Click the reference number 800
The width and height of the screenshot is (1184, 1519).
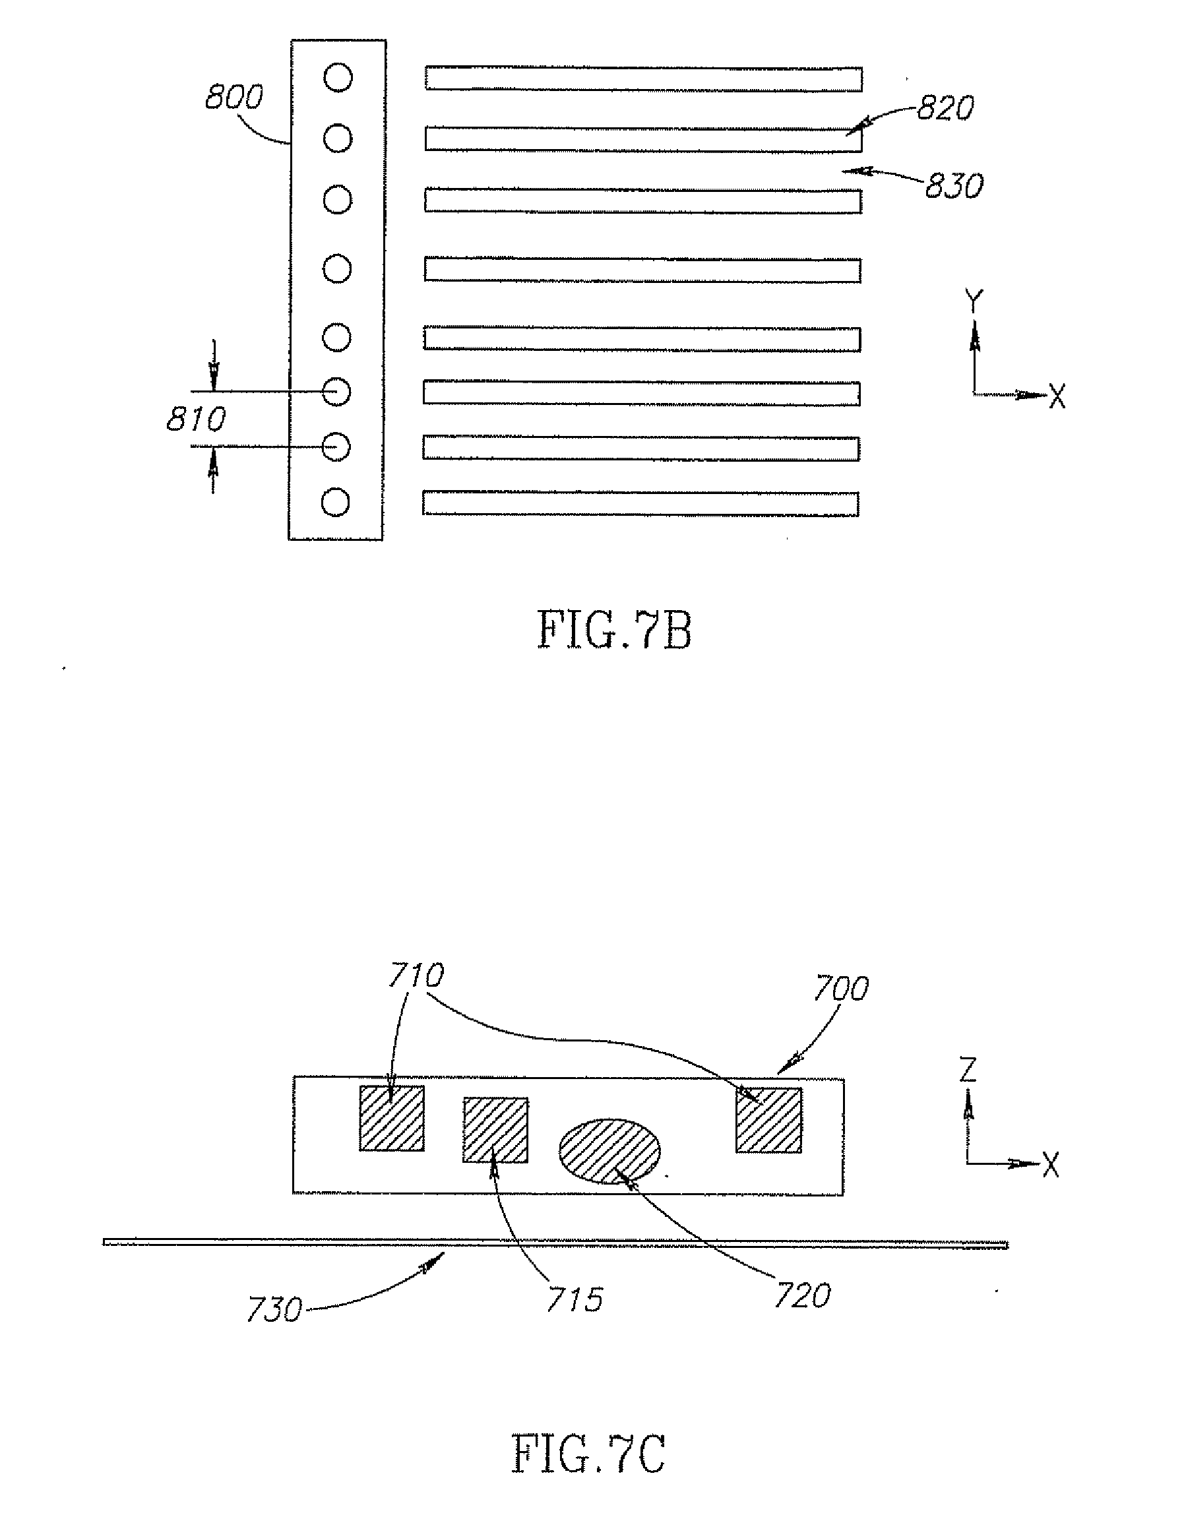(234, 98)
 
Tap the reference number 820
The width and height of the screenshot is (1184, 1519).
(945, 108)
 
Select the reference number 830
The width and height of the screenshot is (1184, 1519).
(954, 186)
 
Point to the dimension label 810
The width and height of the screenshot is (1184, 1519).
(196, 419)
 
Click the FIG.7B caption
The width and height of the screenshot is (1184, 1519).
(615, 630)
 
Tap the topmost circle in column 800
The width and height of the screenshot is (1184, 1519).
(338, 77)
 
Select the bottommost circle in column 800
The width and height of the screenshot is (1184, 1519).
(335, 502)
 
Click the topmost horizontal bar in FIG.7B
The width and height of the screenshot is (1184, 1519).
(644, 78)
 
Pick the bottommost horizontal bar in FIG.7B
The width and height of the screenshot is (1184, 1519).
(640, 503)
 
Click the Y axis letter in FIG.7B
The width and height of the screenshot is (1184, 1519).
(975, 302)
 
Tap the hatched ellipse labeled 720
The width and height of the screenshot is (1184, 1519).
(609, 1151)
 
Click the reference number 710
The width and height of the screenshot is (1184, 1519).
(416, 976)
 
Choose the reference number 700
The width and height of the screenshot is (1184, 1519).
(841, 988)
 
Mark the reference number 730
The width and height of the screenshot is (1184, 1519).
(274, 1311)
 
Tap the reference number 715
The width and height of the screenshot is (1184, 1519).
(574, 1300)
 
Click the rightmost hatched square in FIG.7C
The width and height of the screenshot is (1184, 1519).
(768, 1120)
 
